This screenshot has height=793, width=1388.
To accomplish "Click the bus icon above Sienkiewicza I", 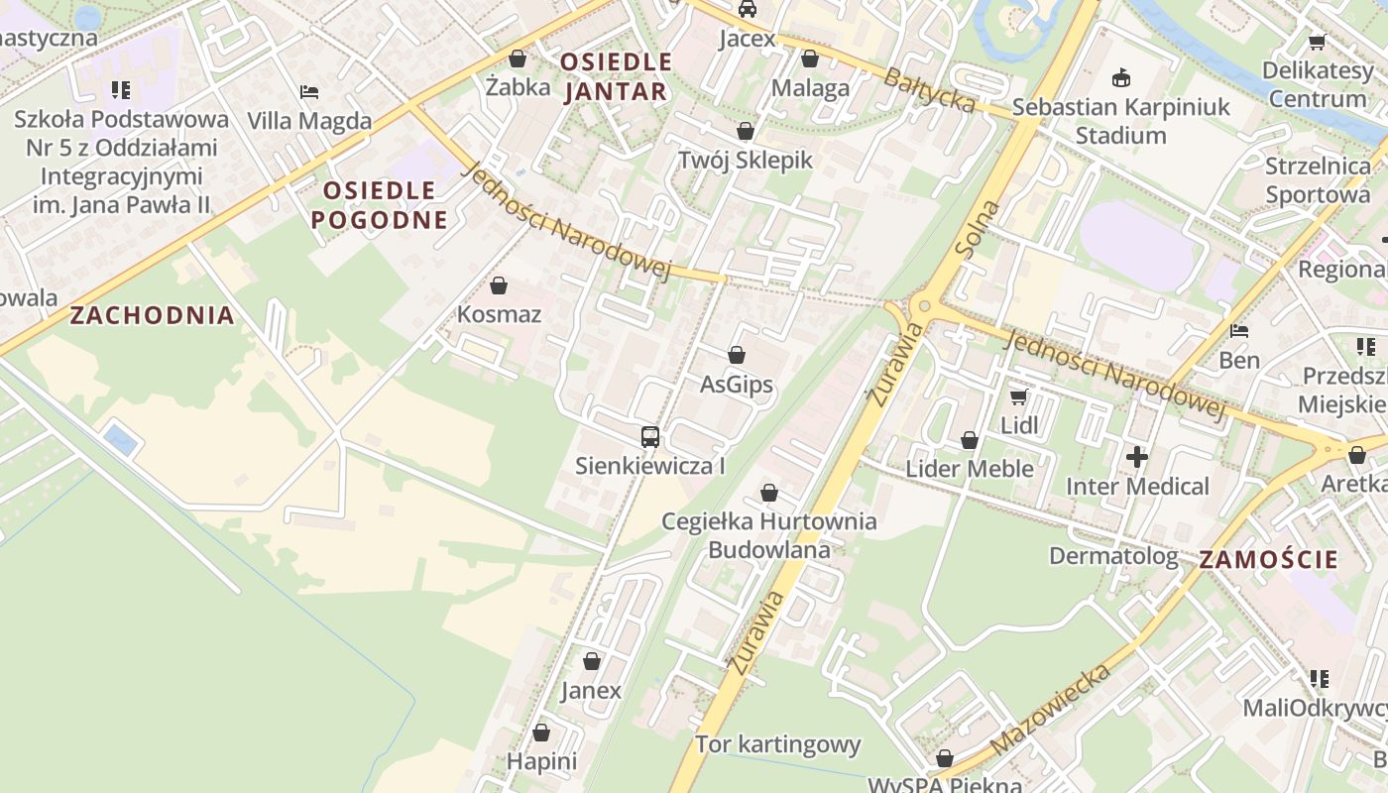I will [x=650, y=436].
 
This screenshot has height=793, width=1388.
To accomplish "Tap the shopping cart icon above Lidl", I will [x=1018, y=397].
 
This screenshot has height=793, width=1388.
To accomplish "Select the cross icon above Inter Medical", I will [x=1137, y=457].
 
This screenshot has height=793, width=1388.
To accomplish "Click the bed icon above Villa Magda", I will [x=309, y=92].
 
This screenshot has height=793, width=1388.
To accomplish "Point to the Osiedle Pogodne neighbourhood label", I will [x=380, y=204].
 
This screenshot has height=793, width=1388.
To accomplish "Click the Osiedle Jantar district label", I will [x=616, y=76].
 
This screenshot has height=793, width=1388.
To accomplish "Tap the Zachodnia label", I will [x=153, y=316].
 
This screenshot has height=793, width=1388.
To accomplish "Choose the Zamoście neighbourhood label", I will [x=1268, y=559].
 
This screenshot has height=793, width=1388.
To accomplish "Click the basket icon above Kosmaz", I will [x=499, y=286].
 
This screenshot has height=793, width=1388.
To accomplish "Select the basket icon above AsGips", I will [x=737, y=355].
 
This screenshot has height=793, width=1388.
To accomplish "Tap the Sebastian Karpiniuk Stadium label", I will [x=1120, y=121].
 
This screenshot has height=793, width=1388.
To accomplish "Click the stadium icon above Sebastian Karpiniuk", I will [x=1121, y=77].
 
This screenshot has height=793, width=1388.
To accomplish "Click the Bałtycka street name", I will [x=929, y=90].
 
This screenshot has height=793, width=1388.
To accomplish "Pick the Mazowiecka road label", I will [x=1050, y=709].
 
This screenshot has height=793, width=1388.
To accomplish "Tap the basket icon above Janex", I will [x=592, y=661].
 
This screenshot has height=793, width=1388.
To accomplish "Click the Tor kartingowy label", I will [x=777, y=744].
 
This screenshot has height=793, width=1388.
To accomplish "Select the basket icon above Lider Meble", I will [x=970, y=440].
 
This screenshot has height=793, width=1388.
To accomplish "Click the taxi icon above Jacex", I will [x=748, y=9].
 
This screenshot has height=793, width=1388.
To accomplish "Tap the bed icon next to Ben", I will [x=1238, y=331].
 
